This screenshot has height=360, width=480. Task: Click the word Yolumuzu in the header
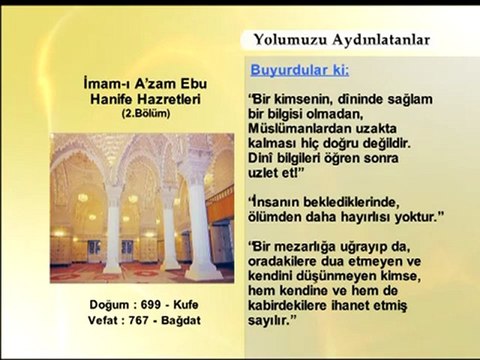[x=291, y=40]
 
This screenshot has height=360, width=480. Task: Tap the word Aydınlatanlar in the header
[x=380, y=40]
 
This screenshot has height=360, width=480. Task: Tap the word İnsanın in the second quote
[x=277, y=202]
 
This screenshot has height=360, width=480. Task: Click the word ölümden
[x=279, y=217]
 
